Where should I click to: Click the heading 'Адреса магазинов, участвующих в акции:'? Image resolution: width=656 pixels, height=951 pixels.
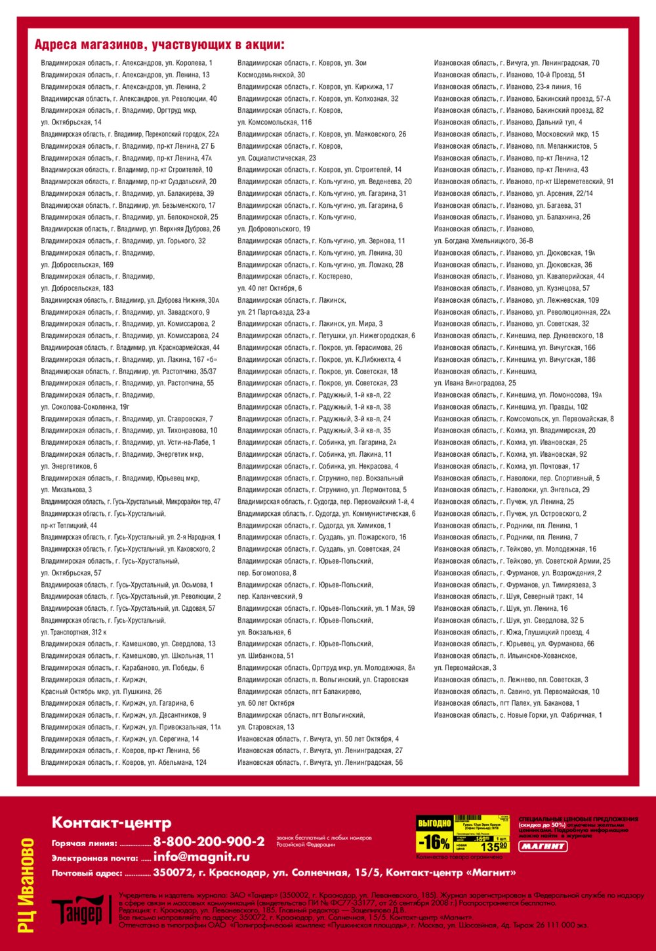tap(159, 45)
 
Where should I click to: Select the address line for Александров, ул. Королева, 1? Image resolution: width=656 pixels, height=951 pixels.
tap(127, 63)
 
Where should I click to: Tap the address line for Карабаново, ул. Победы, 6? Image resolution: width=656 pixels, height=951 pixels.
tap(122, 668)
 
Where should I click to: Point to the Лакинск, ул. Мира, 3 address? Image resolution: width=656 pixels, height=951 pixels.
tap(310, 324)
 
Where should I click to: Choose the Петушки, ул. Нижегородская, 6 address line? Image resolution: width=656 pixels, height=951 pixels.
tap(326, 336)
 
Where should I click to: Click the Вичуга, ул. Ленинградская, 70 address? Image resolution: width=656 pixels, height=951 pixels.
tap(516, 63)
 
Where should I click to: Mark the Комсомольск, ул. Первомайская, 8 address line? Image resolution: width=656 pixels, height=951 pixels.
tap(523, 419)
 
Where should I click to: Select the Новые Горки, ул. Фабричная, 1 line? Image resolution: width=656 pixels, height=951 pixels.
tap(518, 715)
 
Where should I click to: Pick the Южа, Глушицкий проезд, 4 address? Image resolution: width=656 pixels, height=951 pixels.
tap(511, 632)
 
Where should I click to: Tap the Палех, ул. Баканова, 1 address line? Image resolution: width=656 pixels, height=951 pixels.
tap(506, 703)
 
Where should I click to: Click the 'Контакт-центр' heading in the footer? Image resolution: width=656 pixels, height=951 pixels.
tap(112, 823)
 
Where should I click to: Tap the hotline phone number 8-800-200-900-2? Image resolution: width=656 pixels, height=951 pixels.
tap(209, 842)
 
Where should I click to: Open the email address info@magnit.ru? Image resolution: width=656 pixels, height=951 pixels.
tap(201, 857)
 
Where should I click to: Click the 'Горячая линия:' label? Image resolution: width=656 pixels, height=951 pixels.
tap(85, 844)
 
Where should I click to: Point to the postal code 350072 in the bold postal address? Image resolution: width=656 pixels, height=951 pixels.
tap(171, 873)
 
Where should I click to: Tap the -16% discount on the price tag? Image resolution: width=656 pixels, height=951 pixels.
tap(434, 842)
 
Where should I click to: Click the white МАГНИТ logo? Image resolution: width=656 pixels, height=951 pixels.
tap(543, 846)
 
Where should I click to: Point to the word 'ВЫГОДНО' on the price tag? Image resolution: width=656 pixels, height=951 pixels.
tap(434, 823)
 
